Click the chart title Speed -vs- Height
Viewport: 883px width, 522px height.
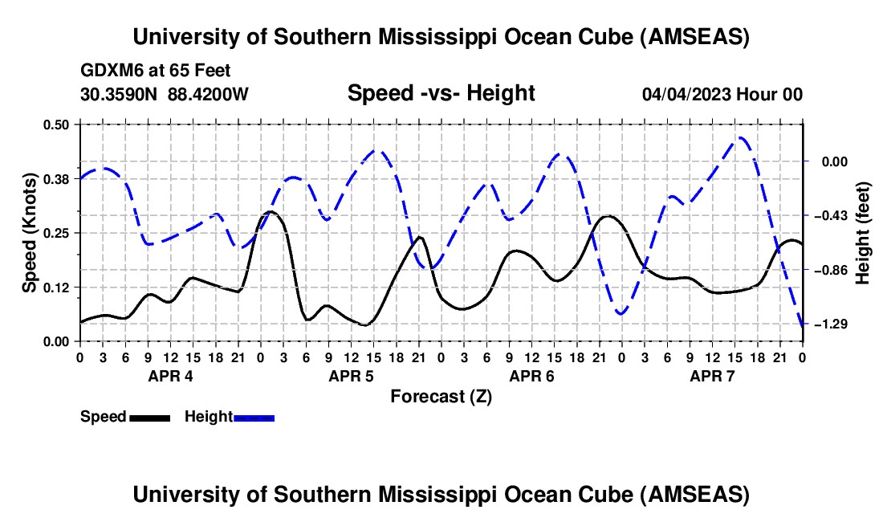(441, 93)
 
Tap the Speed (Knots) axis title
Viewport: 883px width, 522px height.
(30, 233)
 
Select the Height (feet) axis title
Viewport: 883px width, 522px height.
(863, 233)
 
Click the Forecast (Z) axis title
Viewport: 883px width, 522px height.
(441, 396)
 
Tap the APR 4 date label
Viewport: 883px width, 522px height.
(169, 376)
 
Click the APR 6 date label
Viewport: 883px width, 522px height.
(531, 376)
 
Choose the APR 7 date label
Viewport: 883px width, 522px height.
(711, 376)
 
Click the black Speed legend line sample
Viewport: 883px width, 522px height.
(149, 417)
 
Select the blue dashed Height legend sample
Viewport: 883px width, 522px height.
(254, 417)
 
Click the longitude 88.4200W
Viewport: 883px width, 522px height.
(208, 94)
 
